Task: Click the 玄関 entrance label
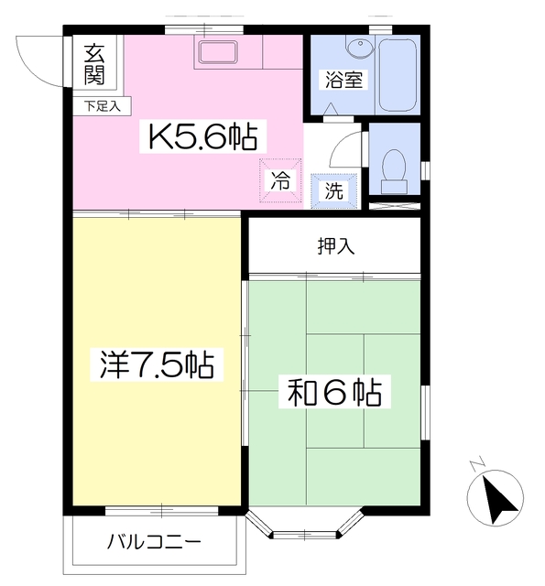click(x=94, y=63)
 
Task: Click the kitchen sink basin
click(x=218, y=52)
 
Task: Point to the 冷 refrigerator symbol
click(x=279, y=180)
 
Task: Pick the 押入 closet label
click(x=336, y=244)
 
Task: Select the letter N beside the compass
click(x=475, y=464)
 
